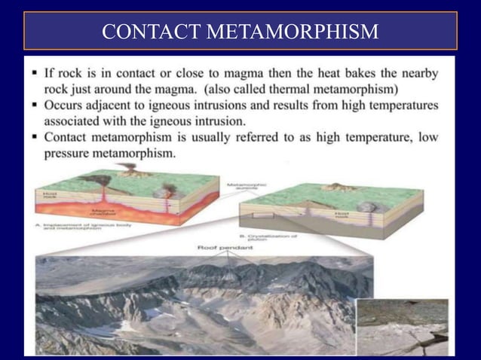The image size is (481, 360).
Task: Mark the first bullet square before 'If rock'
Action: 36,74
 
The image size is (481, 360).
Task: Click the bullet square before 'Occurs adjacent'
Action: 36,106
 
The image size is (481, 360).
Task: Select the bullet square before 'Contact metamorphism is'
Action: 36,138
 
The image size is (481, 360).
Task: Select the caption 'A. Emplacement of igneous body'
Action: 75,228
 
